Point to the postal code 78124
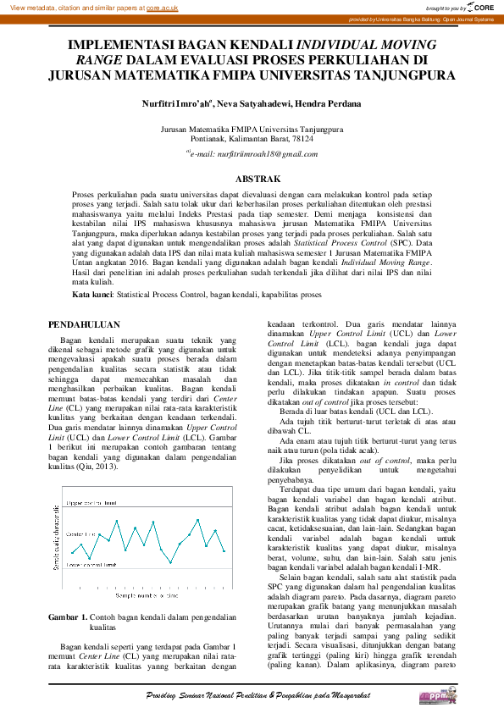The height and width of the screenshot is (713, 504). click(302, 138)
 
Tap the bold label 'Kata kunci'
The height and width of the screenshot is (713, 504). click(92, 295)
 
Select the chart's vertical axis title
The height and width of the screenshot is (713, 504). click(56, 544)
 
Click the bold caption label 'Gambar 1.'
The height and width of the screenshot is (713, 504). click(66, 617)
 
